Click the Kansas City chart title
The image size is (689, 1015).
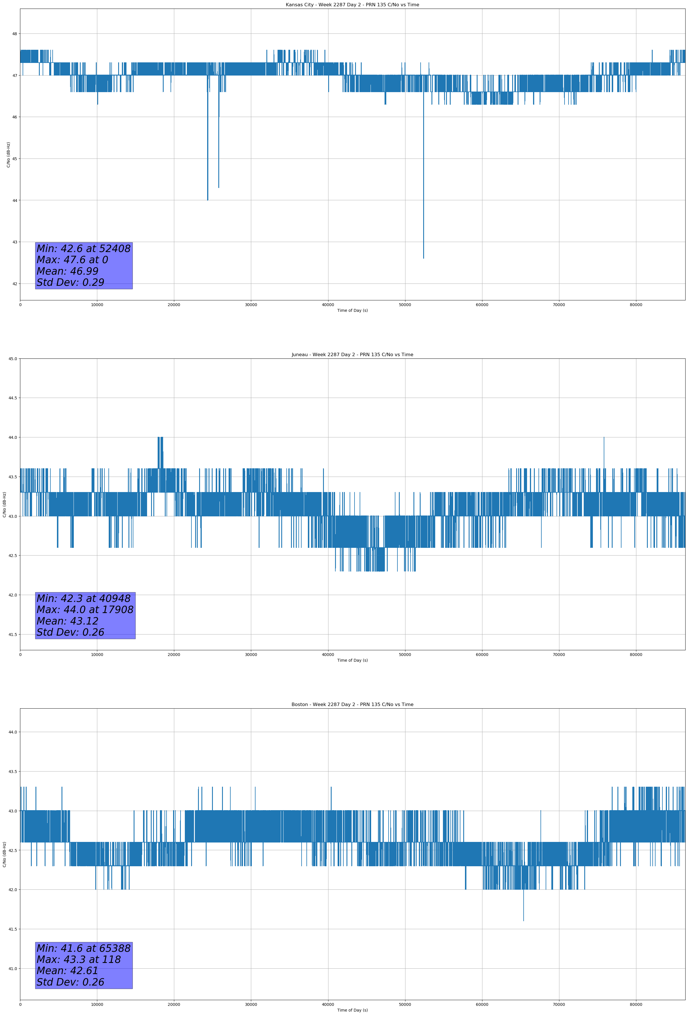point(352,5)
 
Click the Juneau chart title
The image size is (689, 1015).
point(352,355)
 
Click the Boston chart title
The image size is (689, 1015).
point(352,705)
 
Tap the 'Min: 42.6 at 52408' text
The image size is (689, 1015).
point(84,249)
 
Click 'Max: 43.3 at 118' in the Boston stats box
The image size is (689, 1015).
point(79,960)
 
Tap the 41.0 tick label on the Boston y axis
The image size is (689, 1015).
point(12,969)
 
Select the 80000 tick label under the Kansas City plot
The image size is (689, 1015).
point(636,305)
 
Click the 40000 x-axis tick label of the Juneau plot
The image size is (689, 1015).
point(328,655)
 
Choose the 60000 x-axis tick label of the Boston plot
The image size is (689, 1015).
point(482,1004)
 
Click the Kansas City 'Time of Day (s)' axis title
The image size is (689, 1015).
point(352,310)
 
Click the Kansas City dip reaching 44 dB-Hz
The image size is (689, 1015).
point(207,199)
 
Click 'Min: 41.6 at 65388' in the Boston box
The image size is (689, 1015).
point(84,948)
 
